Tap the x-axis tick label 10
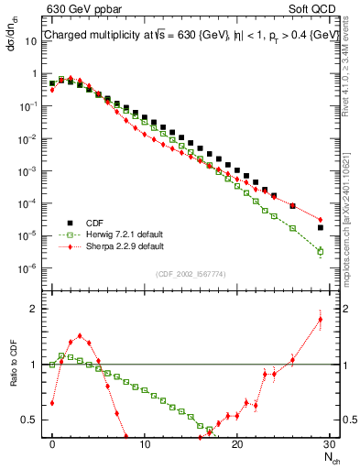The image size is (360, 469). pos(145,442)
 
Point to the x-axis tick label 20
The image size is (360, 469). pos(237,442)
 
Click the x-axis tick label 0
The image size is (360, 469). pos(52,442)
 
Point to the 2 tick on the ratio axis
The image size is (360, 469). pos(35,309)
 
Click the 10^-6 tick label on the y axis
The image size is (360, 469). pos(28,268)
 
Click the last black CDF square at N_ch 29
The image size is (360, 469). pos(320,227)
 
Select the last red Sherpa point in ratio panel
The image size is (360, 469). pos(320,319)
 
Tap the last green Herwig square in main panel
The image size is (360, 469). pos(320,251)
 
